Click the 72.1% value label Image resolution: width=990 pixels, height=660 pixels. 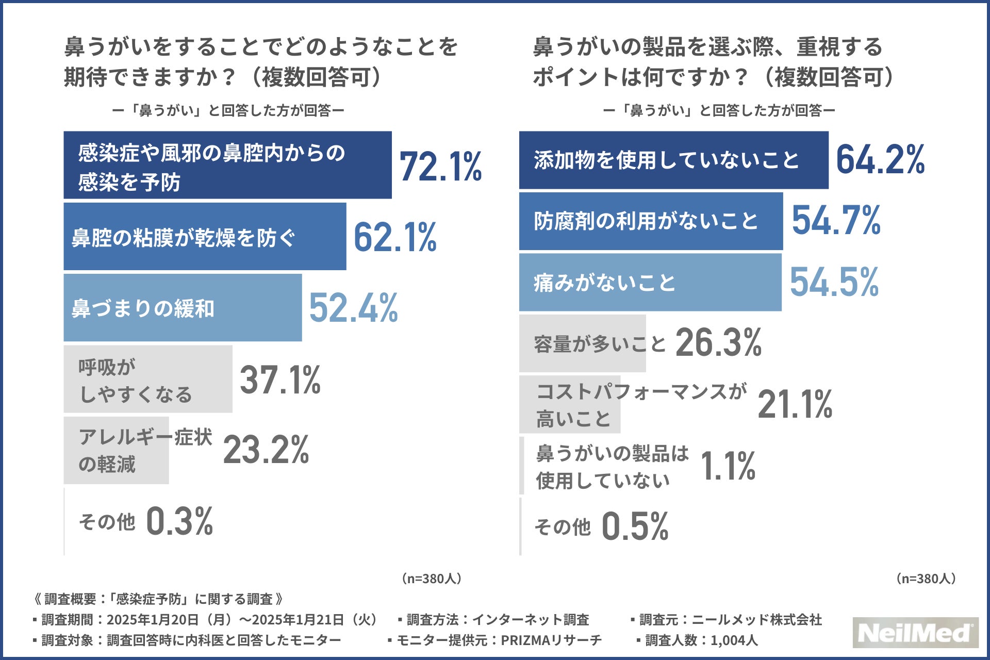click(x=441, y=167)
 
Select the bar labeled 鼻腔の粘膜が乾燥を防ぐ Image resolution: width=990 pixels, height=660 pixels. click(x=205, y=237)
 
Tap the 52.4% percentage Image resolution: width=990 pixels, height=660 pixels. click(x=353, y=308)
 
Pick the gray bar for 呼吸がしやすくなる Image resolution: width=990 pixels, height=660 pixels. click(x=147, y=379)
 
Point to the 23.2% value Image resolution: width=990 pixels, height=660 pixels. click(x=266, y=450)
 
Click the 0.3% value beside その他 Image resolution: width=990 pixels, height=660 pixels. click(x=179, y=521)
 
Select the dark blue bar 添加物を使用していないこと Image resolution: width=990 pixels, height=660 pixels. click(x=673, y=160)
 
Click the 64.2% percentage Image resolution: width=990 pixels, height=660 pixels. click(x=880, y=159)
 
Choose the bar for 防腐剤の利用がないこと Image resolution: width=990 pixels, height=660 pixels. click(x=651, y=221)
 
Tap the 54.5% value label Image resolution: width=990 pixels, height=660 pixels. click(x=834, y=282)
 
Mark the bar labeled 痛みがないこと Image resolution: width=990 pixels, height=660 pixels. click(x=650, y=283)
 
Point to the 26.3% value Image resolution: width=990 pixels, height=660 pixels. click(x=718, y=343)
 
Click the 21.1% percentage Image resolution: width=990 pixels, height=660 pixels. click(x=795, y=404)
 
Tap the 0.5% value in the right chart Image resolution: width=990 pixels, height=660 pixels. click(x=635, y=526)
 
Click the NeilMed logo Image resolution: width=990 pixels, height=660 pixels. click(x=915, y=633)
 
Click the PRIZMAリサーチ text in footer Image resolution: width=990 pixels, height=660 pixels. click(x=551, y=640)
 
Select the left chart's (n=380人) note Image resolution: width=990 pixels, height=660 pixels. click(x=432, y=579)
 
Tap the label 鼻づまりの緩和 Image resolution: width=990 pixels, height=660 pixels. click(x=143, y=308)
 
